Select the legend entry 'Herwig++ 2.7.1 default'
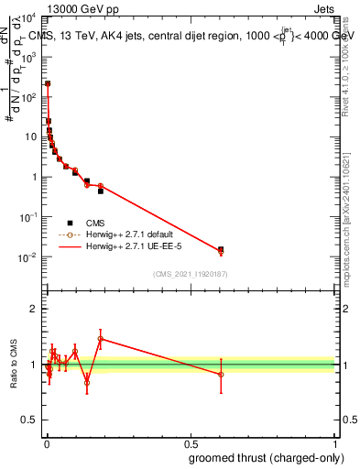tap(127, 234)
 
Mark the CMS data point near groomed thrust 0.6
tap(221, 249)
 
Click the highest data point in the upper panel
tap(48, 83)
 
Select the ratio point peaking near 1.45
tap(101, 338)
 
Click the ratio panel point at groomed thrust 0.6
tap(221, 374)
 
